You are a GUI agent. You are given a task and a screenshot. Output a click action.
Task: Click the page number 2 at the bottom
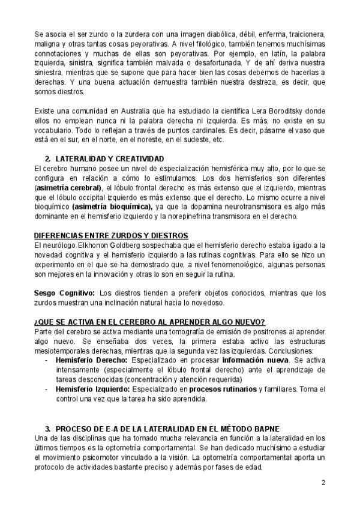[x=323, y=482]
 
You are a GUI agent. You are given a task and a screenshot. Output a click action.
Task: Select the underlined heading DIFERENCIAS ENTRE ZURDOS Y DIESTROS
[x=111, y=235]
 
